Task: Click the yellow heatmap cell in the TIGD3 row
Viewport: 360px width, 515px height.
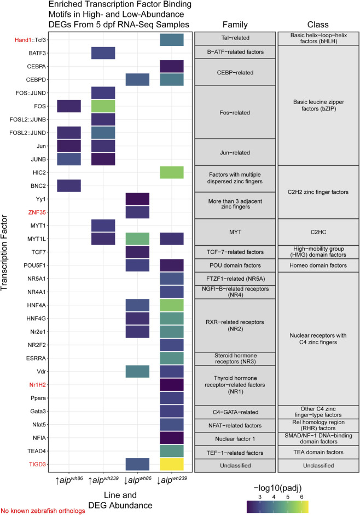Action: pos(171,464)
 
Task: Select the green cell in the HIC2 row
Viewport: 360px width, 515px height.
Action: pos(171,172)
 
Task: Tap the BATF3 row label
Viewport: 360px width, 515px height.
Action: pos(37,53)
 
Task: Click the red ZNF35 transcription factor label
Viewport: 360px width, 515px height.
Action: pos(37,212)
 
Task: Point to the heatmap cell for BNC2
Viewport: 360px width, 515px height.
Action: pos(69,186)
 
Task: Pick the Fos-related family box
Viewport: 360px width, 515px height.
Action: pos(235,112)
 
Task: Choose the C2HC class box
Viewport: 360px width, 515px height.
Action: pos(318,232)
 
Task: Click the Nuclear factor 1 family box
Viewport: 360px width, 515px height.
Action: pos(235,439)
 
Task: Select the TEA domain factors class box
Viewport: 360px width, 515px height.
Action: pos(318,452)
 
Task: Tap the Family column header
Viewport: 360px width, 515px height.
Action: pos(235,25)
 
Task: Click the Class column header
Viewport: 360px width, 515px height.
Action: pos(318,25)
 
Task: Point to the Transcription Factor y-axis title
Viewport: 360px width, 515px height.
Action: pos(4,252)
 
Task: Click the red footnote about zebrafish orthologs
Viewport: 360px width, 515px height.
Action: pos(43,511)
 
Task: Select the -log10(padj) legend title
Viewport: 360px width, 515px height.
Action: pos(277,488)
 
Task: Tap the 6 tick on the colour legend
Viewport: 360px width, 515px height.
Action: pos(301,496)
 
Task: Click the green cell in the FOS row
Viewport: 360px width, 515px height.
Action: pos(103,106)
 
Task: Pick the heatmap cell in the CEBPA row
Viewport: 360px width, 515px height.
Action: pos(171,66)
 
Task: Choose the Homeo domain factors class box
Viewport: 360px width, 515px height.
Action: pos(318,265)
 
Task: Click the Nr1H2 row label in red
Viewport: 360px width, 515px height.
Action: pos(37,385)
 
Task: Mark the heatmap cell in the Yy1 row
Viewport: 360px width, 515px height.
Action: pos(137,199)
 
